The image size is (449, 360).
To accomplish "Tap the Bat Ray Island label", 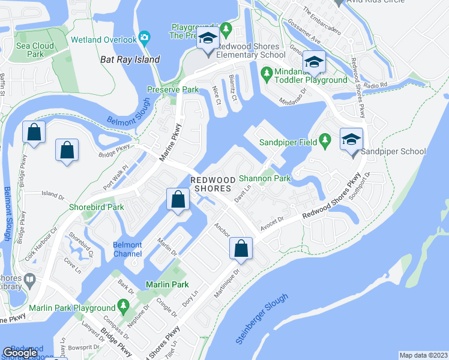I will pos(130,59).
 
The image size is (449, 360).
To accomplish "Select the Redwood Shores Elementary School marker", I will pos(208,40).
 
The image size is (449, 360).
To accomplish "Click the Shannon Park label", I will pos(265,178).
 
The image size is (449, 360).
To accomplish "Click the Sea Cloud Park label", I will pos(35,50).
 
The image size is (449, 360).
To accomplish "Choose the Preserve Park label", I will pos(173,90).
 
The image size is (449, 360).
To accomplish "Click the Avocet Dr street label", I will pos(271,226).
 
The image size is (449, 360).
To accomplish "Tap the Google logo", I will pos(20,353).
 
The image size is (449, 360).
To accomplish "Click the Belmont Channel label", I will pos(127,249).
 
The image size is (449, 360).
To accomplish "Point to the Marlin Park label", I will pos(165,284).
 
